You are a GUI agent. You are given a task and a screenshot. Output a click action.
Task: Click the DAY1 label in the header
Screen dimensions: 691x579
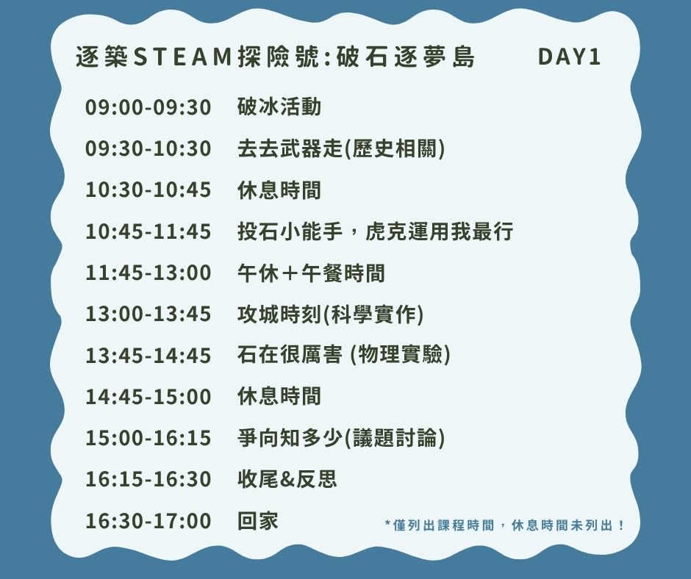point(569,57)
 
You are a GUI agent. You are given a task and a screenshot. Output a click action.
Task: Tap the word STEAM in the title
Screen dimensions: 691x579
point(182,57)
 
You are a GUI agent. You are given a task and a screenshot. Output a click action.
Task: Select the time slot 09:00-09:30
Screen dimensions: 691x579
point(148,107)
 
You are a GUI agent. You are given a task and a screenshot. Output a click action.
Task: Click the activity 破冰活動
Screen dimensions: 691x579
point(279,107)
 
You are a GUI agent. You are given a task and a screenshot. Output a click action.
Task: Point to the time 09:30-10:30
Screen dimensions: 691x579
point(148,148)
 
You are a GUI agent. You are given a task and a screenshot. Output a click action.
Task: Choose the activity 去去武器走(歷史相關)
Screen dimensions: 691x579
point(341,148)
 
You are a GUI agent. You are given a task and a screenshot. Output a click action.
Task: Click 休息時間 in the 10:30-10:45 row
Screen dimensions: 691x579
point(279,190)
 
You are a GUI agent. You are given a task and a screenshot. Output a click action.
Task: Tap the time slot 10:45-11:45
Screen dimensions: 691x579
point(148,231)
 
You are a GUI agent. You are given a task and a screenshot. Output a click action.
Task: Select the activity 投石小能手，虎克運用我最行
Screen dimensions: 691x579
point(375,231)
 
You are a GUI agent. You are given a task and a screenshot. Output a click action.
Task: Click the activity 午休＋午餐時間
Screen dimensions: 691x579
point(311,273)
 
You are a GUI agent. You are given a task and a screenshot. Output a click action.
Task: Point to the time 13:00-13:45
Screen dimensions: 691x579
point(148,314)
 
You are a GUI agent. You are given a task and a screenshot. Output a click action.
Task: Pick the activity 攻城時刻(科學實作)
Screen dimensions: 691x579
point(331,314)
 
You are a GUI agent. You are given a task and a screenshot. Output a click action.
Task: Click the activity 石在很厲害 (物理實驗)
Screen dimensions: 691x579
point(344,355)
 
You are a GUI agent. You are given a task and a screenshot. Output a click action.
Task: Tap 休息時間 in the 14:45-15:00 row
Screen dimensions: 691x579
point(279,396)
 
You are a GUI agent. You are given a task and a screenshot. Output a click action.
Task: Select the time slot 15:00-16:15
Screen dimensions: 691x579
point(148,438)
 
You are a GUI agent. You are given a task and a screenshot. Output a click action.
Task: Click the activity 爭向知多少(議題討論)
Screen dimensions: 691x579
point(341,437)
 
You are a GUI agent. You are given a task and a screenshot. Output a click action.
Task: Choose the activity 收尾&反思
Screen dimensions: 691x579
point(287,479)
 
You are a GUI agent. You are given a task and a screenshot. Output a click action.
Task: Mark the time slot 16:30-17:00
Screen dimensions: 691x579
point(148,521)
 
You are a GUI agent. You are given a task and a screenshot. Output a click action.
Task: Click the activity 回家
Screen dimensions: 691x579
point(258,520)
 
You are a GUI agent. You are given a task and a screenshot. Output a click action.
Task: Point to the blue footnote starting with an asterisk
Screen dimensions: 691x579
point(504,525)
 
